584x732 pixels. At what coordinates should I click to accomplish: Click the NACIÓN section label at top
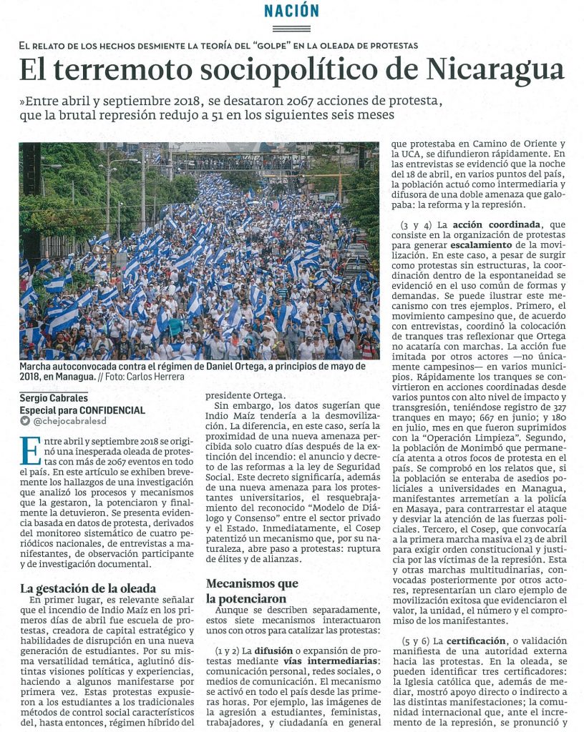pyautogui.click(x=291, y=11)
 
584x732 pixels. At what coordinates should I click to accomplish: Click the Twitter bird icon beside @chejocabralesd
pyautogui.click(x=25, y=422)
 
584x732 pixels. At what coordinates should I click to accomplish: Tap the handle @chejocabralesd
pyautogui.click(x=71, y=422)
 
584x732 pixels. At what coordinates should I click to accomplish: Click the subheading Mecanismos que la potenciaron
pyautogui.click(x=252, y=590)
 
